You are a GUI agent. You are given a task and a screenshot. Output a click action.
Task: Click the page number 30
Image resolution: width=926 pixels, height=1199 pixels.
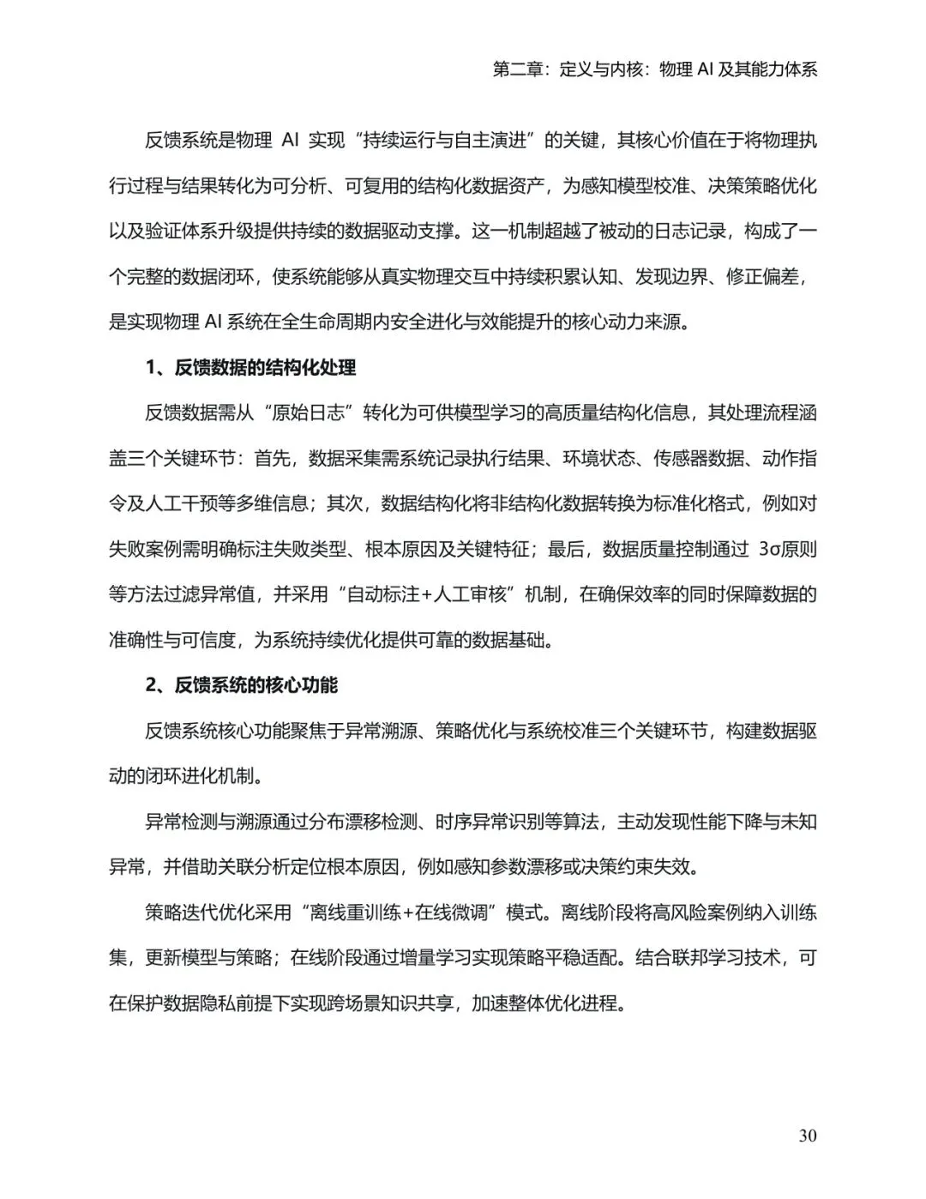click(x=807, y=1136)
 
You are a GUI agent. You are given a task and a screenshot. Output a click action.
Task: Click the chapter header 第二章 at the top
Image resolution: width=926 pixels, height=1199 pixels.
click(x=519, y=69)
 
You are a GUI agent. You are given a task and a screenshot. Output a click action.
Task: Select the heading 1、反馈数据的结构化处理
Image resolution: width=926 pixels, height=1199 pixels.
click(x=250, y=368)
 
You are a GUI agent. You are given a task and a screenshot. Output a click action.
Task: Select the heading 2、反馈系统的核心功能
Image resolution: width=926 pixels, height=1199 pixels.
click(x=241, y=685)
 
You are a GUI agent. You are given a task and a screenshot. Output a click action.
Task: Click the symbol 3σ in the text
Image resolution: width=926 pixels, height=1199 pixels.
click(x=768, y=550)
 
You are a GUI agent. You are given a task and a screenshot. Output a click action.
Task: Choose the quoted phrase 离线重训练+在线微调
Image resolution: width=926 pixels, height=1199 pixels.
click(x=401, y=913)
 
